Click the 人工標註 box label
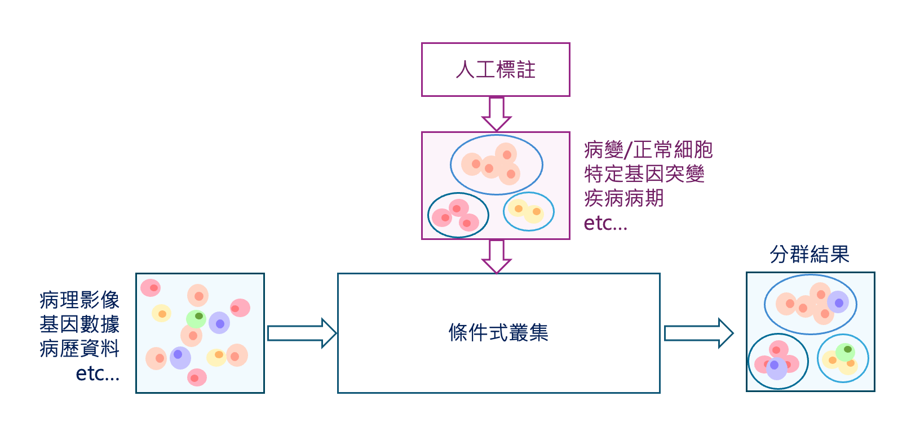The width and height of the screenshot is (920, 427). coord(496,70)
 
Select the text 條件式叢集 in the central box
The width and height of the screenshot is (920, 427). coord(498,333)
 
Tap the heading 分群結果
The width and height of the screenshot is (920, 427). coord(810,255)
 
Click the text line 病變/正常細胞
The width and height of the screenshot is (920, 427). coord(648,150)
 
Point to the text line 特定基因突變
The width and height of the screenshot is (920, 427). coord(644,174)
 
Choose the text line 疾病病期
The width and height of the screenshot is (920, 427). coord(624,198)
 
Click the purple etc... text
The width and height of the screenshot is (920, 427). coord(605,223)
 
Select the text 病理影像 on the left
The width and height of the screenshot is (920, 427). coord(79,300)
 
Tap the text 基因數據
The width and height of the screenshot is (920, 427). coord(79,324)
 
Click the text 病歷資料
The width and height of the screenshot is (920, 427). coord(79,349)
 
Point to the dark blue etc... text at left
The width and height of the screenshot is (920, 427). coord(98,373)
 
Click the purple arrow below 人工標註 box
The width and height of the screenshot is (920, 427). coord(496,114)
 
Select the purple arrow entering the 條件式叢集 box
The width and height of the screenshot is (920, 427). coord(496,256)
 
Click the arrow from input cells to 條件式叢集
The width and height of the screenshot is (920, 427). coord(301,333)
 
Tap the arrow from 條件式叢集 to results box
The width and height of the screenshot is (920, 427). coord(698,333)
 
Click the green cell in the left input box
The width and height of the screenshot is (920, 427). coord(196,318)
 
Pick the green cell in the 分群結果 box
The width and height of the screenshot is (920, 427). coord(845,352)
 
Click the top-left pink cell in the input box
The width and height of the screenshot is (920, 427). coord(151,288)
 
